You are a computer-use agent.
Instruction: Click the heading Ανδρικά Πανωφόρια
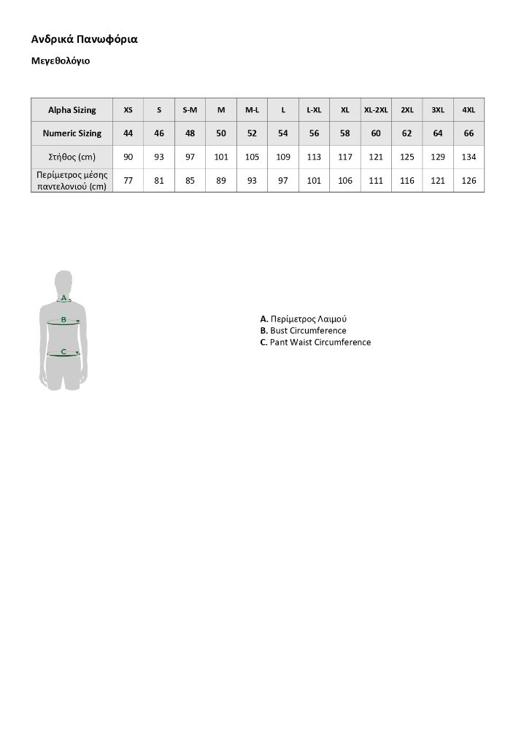[85, 39]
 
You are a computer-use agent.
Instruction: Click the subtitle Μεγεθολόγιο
[61, 62]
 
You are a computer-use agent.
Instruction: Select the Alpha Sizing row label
[72, 110]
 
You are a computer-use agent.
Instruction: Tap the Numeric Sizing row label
[72, 133]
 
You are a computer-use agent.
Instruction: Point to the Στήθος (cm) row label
[72, 157]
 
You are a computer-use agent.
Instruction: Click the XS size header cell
[128, 110]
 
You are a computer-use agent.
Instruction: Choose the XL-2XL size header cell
[376, 110]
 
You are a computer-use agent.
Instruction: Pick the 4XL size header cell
[469, 110]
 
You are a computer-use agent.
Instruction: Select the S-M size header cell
[190, 110]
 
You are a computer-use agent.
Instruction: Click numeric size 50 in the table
[221, 133]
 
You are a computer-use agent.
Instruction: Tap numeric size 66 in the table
[469, 133]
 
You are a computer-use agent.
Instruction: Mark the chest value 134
[469, 157]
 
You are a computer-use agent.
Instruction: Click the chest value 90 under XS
[128, 157]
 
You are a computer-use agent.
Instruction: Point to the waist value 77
[128, 181]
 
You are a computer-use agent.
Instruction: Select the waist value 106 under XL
[345, 181]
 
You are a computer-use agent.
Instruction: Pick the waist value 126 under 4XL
[469, 181]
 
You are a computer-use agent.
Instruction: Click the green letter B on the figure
[63, 319]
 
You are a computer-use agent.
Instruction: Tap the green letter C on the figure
[63, 352]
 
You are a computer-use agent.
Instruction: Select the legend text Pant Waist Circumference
[320, 343]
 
